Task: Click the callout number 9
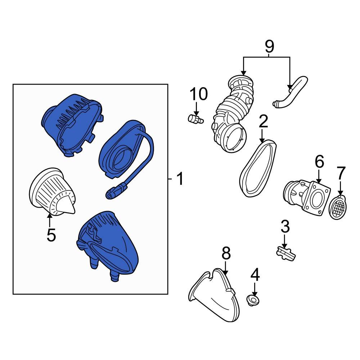pyautogui.click(x=270, y=46)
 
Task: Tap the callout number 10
pyautogui.click(x=199, y=94)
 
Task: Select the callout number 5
pyautogui.click(x=51, y=235)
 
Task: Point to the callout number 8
pyautogui.click(x=226, y=253)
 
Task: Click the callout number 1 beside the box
pyautogui.click(x=180, y=179)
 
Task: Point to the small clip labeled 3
pyautogui.click(x=285, y=253)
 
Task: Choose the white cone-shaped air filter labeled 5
pyautogui.click(x=51, y=192)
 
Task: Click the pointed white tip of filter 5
pyautogui.click(x=73, y=210)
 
